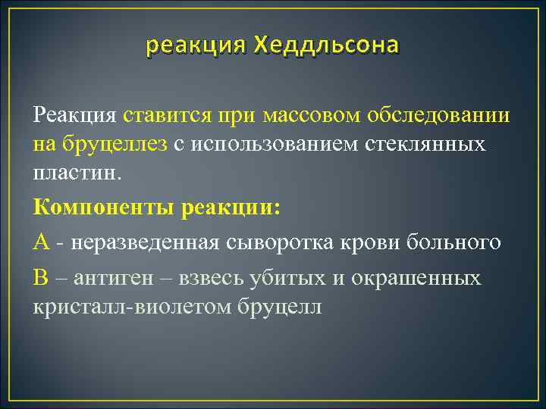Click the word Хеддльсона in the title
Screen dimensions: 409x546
[x=326, y=47]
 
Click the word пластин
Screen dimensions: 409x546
[x=76, y=172]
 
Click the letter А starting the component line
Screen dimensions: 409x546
[x=42, y=242]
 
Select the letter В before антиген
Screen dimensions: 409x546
[x=41, y=278]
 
